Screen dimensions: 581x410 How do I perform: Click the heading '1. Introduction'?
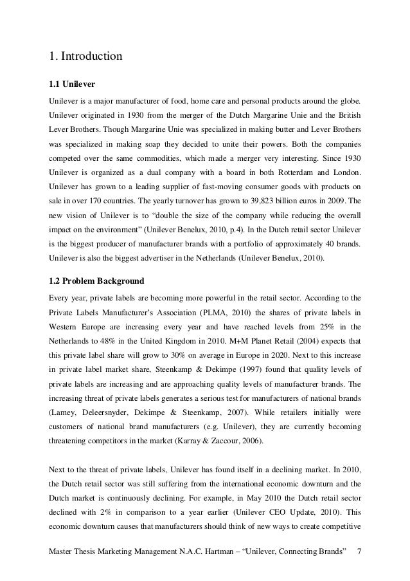pyautogui.click(x=85, y=57)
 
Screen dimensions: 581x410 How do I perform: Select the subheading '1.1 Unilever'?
pyautogui.click(x=71, y=84)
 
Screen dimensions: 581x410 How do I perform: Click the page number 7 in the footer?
pyautogui.click(x=359, y=551)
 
